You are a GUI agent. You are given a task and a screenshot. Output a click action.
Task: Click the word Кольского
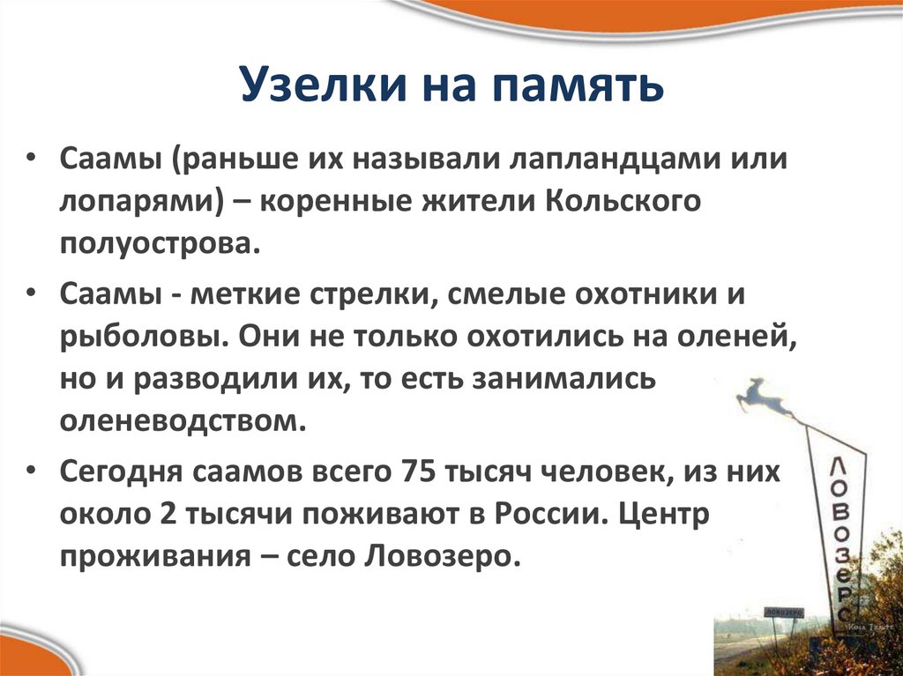[x=623, y=203]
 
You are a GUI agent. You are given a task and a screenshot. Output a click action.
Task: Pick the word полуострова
[x=160, y=243]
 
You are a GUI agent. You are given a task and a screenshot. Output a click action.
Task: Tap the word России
[x=555, y=515]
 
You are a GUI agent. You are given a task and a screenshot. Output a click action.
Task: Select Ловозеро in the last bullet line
[x=442, y=557]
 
